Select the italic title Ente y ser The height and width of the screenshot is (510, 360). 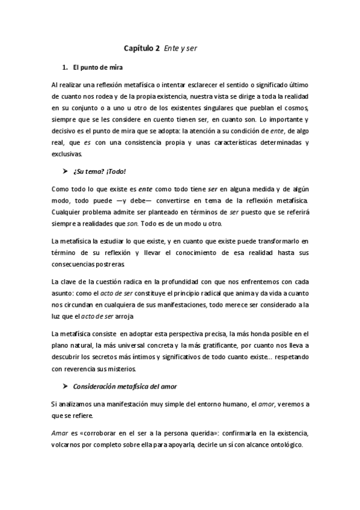pyautogui.click(x=180, y=48)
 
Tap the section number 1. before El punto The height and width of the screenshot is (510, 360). pyautogui.click(x=65, y=66)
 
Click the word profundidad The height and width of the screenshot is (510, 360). pyautogui.click(x=184, y=281)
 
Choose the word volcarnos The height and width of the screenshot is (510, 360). pyautogui.click(x=68, y=446)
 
